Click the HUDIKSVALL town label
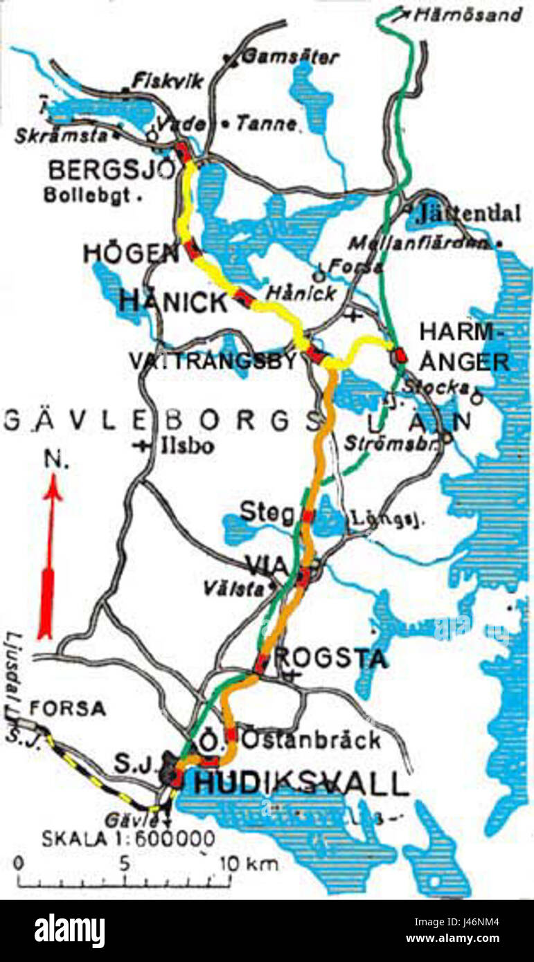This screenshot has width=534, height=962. [299, 785]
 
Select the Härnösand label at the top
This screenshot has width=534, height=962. [468, 15]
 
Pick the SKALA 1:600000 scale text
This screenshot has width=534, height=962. [128, 839]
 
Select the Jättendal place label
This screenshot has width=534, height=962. [468, 215]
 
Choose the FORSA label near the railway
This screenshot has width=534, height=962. [67, 708]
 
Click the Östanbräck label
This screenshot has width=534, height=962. [311, 740]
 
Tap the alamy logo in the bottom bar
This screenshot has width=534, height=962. [70, 931]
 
